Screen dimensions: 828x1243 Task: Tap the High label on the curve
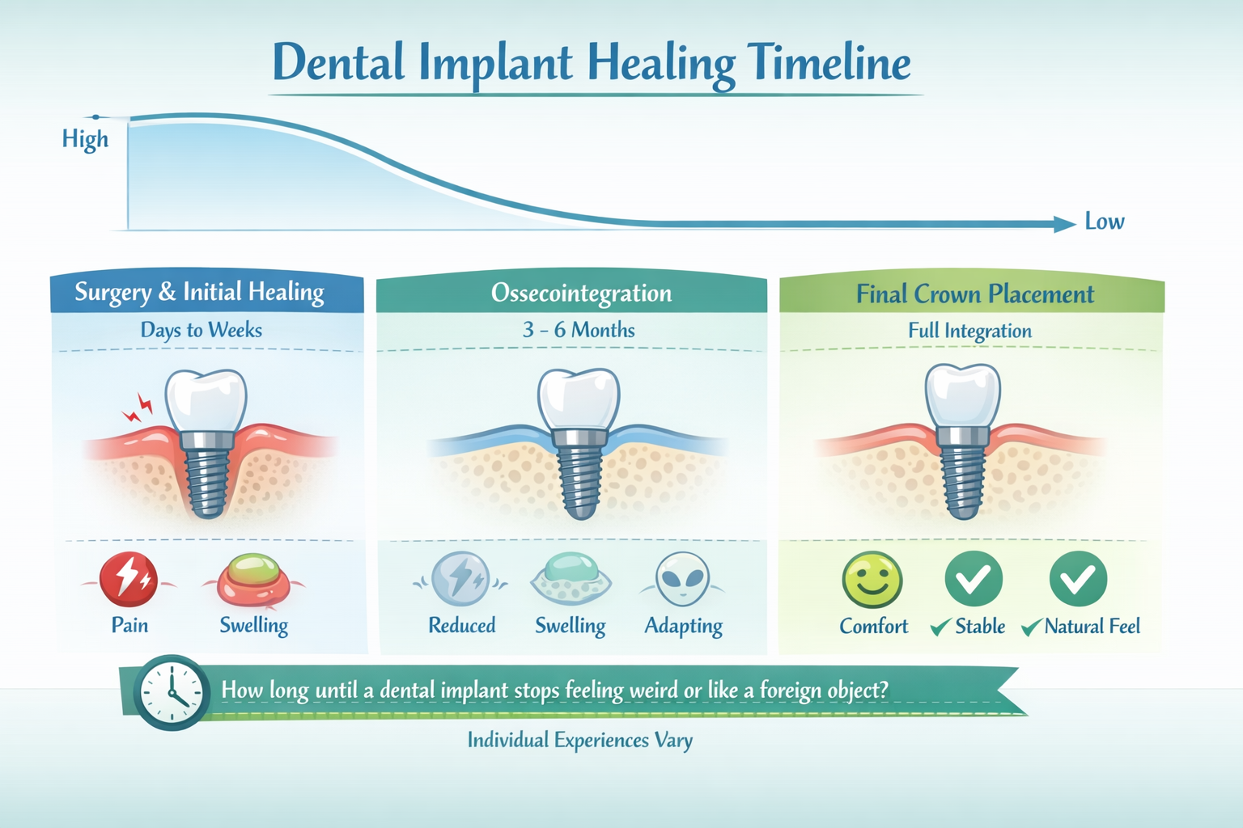(x=85, y=139)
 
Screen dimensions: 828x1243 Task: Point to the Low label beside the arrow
(x=1104, y=222)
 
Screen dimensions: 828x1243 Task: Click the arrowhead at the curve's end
(x=1064, y=224)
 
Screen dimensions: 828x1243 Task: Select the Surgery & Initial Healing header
(x=200, y=292)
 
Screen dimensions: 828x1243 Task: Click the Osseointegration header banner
(x=581, y=293)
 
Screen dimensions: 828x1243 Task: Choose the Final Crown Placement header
(x=974, y=294)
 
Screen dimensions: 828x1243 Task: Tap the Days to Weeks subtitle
(x=202, y=330)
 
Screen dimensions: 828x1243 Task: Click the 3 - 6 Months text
(x=579, y=330)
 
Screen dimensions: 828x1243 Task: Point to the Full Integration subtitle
(x=969, y=331)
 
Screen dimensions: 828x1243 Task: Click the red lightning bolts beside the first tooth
(x=138, y=408)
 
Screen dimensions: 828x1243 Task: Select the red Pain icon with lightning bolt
(x=129, y=579)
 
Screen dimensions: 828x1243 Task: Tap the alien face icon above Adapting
(x=683, y=579)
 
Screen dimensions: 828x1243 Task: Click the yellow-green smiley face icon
(x=872, y=579)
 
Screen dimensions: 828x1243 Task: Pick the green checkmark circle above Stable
(x=974, y=579)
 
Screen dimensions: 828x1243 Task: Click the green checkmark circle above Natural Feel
(x=1078, y=579)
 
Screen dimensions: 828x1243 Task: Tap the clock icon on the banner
(x=171, y=693)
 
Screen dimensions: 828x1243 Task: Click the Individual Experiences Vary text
(x=579, y=740)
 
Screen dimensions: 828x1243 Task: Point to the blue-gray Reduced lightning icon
(x=460, y=579)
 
